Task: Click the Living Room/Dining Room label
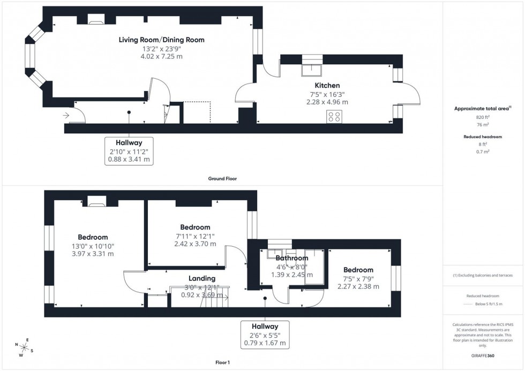pos(161,40)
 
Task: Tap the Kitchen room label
pos(327,85)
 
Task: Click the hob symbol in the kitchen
pos(335,117)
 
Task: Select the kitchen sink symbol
pos(310,70)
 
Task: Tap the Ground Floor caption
pos(222,179)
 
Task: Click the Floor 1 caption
pos(221,362)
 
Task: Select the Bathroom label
pos(292,258)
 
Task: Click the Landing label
pos(202,278)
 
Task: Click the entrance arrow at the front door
pos(66,115)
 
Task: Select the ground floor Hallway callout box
pos(129,150)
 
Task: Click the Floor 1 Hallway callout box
pos(265,334)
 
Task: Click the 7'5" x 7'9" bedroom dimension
pos(358,278)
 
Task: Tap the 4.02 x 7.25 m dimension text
pos(161,56)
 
